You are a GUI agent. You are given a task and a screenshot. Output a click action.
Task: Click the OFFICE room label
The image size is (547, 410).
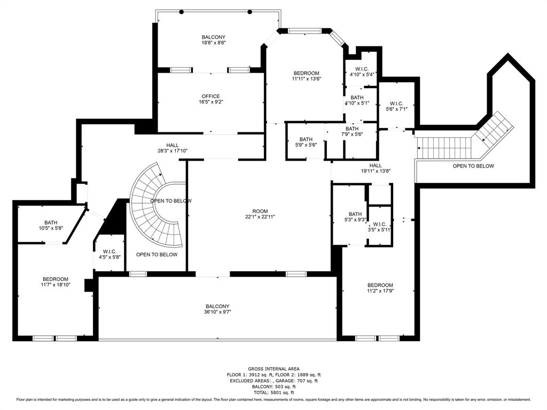tap(210, 97)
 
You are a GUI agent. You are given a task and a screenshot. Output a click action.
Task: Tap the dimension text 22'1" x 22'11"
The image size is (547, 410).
tap(260, 217)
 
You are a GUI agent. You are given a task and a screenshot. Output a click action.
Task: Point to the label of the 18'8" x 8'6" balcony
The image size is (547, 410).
tap(213, 37)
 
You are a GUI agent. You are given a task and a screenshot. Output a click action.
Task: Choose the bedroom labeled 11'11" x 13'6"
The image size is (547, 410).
tap(306, 73)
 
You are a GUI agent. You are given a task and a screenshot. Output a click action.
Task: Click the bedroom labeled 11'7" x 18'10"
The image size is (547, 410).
tap(56, 279)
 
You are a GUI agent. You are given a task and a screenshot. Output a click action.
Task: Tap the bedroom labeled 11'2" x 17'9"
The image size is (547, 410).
tap(380, 285)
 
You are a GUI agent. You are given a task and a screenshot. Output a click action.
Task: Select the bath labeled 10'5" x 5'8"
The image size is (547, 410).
tap(51, 223)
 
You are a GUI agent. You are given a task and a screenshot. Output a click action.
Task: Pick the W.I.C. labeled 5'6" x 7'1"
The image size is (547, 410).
tap(396, 104)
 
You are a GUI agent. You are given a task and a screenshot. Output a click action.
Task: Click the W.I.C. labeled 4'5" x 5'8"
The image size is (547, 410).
tap(110, 251)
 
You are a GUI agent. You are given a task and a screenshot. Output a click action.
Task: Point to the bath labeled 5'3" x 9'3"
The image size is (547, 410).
tap(355, 214)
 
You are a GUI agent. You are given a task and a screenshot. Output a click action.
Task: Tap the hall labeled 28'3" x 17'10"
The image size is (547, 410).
tap(172, 145)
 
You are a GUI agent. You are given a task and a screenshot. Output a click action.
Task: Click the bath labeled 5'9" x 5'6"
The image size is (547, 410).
tap(306, 139)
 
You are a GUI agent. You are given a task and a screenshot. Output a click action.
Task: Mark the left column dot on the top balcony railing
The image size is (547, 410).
tap(181, 12)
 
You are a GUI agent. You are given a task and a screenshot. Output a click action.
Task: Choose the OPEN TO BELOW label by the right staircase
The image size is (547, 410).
tap(473, 166)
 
